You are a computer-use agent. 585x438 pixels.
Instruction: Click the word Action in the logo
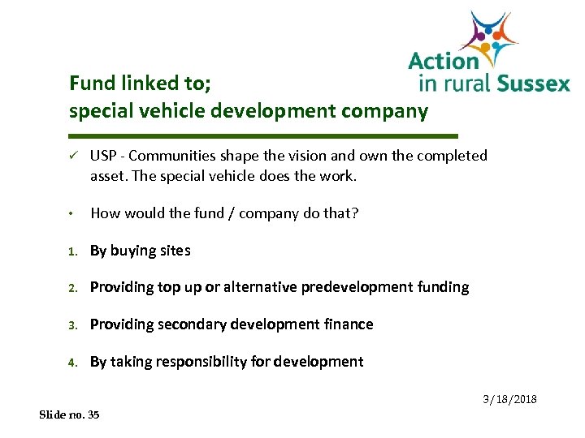(x=443, y=61)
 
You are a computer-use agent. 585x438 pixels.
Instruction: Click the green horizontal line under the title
(x=264, y=135)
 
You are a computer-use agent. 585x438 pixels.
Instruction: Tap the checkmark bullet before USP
(x=74, y=156)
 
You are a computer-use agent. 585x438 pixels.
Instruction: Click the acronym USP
(x=103, y=156)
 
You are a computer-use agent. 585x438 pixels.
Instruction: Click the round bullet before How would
(x=73, y=214)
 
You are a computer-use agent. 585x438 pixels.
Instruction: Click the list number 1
(x=72, y=251)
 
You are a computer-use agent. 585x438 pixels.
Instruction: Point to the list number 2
(x=72, y=288)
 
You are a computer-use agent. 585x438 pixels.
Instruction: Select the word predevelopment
(x=358, y=287)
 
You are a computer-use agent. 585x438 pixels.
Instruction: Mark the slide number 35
(x=93, y=414)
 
